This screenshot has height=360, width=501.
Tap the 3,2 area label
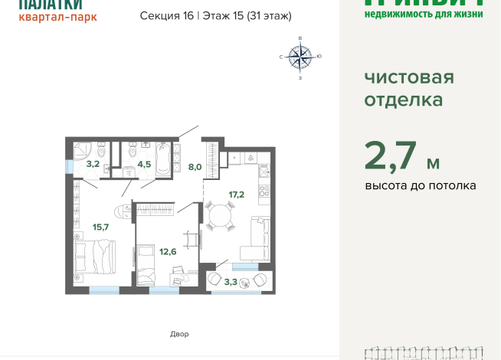click(x=92, y=163)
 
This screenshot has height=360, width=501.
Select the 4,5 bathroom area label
click(x=144, y=163)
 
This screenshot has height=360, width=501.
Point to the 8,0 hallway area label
click(x=195, y=166)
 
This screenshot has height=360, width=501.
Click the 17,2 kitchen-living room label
click(x=236, y=195)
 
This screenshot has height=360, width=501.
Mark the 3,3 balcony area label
click(x=230, y=282)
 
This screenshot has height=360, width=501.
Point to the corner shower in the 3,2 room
click(x=82, y=149)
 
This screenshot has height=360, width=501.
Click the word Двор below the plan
click(x=178, y=334)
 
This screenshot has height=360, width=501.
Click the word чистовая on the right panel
click(x=408, y=77)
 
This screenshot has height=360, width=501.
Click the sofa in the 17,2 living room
click(x=257, y=238)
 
